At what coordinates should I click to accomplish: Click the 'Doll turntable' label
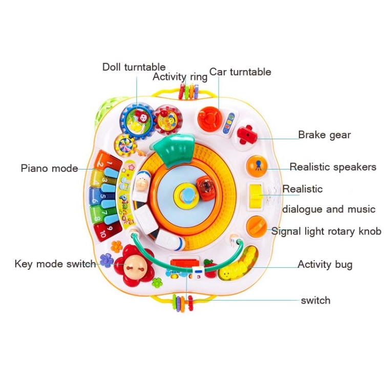[134, 67]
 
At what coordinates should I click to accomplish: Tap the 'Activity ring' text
[180, 77]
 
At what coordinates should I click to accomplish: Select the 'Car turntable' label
[240, 72]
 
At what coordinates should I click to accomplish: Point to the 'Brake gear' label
[325, 135]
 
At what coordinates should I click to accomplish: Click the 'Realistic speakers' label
[333, 167]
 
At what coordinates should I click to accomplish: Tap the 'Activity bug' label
[325, 265]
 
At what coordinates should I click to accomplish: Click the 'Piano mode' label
[49, 168]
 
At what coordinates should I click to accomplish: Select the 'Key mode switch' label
[55, 264]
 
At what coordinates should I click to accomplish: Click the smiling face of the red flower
[134, 265]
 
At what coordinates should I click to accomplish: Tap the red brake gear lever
[248, 134]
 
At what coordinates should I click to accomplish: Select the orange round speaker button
[257, 166]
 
